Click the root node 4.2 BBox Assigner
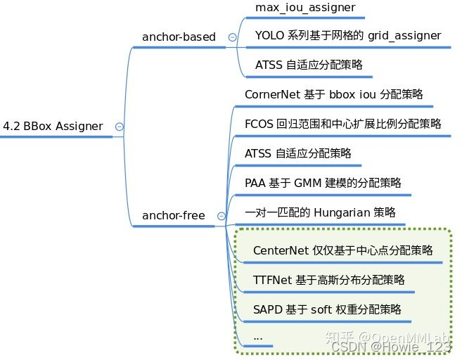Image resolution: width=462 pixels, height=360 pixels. click(53, 127)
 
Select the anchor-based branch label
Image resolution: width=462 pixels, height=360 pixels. click(179, 37)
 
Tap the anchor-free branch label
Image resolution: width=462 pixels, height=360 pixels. click(174, 215)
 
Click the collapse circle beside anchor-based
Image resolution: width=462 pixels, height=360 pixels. click(232, 37)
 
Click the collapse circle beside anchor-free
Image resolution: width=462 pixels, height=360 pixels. click(222, 216)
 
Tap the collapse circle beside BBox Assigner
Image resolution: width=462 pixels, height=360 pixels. click(119, 127)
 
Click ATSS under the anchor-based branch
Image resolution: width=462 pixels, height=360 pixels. click(269, 65)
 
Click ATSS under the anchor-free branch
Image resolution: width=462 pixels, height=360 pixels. click(258, 153)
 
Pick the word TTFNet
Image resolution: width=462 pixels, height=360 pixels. click(272, 280)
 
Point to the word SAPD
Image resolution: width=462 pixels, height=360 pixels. click(267, 309)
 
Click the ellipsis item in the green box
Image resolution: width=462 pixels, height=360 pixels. click(257, 337)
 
